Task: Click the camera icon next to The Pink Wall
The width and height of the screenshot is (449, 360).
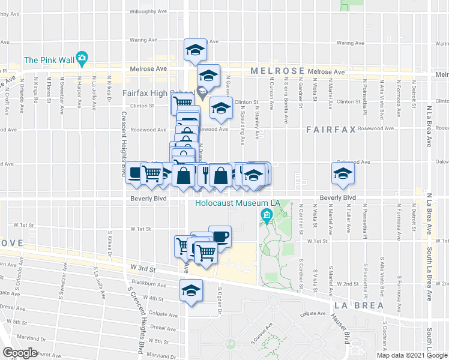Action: [x=82, y=59]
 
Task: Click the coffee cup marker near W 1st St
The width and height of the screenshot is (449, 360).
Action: [x=220, y=235]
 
